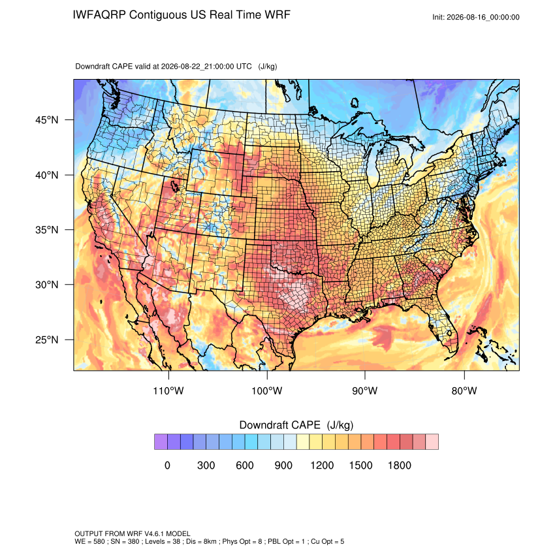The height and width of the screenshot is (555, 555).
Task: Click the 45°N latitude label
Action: point(47,120)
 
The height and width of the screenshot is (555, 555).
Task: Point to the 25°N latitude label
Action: point(47,340)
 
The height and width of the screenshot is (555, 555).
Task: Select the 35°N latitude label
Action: point(47,230)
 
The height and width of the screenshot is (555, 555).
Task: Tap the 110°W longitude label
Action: point(168,390)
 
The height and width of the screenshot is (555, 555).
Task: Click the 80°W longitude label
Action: point(464,390)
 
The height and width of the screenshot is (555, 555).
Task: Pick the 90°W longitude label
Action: point(365,390)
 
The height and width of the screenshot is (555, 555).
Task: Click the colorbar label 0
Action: point(167,465)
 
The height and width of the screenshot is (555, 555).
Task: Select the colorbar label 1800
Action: point(399,465)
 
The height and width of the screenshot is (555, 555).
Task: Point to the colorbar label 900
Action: point(283,465)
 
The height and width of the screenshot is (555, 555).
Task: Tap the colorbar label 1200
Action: point(322,465)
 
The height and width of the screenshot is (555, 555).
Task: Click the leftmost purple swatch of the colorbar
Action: point(161,442)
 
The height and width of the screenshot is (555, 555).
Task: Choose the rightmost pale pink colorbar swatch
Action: point(432,442)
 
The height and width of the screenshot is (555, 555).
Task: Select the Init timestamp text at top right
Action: point(476,18)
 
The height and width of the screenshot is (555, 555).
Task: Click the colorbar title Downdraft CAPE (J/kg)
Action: point(296,425)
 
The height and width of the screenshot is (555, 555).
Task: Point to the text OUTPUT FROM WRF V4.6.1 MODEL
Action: point(133,533)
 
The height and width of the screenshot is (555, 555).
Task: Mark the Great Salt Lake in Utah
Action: point(174,185)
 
